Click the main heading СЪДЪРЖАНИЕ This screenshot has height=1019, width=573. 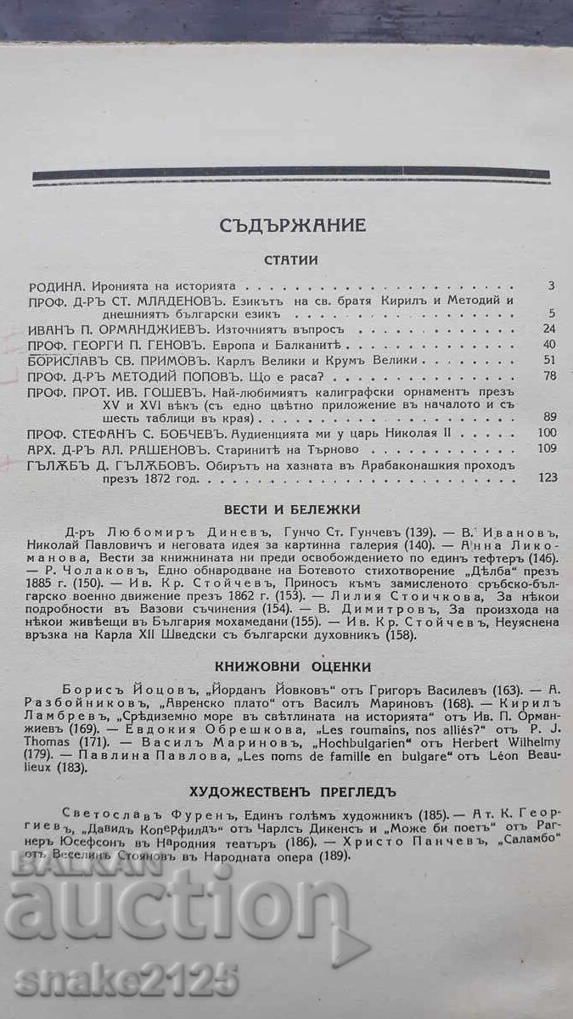292,226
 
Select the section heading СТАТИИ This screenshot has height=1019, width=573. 290,261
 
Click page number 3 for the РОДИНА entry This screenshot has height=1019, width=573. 551,287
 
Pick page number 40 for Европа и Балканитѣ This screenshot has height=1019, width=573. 548,344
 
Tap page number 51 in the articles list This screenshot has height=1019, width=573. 548,360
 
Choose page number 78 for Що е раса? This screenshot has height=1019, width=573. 548,375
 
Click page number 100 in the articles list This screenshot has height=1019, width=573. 546,434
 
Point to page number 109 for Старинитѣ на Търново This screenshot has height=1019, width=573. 546,448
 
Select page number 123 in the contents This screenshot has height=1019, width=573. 546,478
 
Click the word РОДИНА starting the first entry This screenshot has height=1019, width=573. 54,287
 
